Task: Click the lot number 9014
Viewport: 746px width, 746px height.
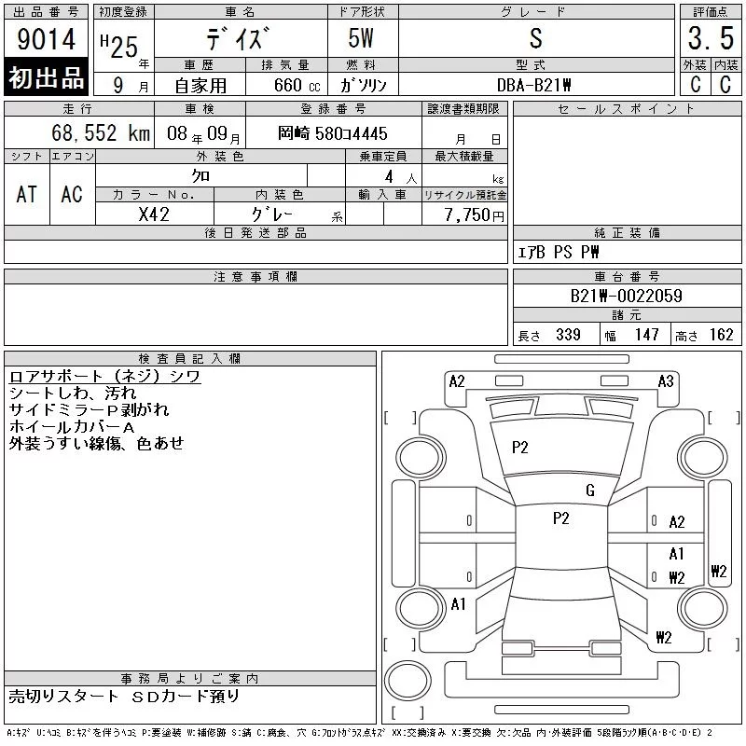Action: [x=46, y=39]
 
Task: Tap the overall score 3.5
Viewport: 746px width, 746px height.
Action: [x=711, y=38]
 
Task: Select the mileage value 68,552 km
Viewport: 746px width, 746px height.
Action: [x=101, y=133]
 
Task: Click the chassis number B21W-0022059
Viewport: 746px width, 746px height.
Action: [x=626, y=296]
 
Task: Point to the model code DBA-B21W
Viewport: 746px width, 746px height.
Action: [x=533, y=85]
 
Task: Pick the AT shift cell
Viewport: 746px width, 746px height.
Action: [x=27, y=194]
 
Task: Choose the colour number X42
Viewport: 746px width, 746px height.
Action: [x=154, y=214]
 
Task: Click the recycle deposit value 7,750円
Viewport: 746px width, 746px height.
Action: [x=475, y=215]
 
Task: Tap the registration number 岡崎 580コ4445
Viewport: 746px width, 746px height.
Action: [x=333, y=133]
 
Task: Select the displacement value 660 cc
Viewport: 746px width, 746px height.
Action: [x=297, y=85]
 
